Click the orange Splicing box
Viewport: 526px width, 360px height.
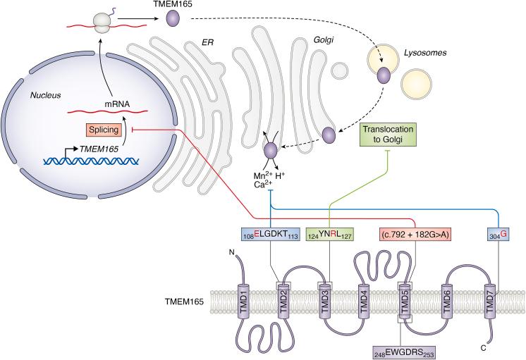click(104, 130)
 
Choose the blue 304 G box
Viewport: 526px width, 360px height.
click(499, 234)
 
